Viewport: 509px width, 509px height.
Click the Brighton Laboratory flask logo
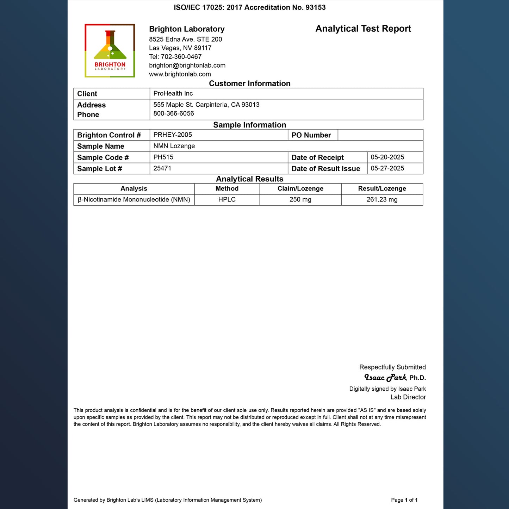point(110,50)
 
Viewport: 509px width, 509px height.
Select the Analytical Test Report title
point(363,29)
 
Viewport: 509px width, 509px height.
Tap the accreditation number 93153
point(316,7)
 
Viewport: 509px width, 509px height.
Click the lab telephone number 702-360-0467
point(181,57)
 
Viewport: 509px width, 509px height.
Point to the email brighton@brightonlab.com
point(187,65)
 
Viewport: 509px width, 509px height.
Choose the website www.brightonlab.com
point(180,74)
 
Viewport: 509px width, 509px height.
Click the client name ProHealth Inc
point(173,93)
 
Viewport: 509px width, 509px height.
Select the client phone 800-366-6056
point(174,113)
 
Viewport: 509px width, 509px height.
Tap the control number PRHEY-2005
point(173,135)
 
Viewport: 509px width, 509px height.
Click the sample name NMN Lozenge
point(174,146)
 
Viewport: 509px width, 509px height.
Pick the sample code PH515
point(163,157)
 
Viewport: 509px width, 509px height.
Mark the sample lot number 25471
point(162,168)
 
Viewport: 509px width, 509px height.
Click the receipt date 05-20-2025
point(387,157)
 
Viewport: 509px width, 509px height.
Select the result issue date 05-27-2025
point(387,168)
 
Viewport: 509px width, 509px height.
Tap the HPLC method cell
point(227,199)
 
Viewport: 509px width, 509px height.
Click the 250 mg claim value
point(300,199)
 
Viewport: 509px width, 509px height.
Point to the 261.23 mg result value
point(382,199)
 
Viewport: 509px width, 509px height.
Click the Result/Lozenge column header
point(382,188)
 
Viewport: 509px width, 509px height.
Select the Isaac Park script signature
point(385,378)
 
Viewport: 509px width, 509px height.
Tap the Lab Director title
point(408,397)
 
